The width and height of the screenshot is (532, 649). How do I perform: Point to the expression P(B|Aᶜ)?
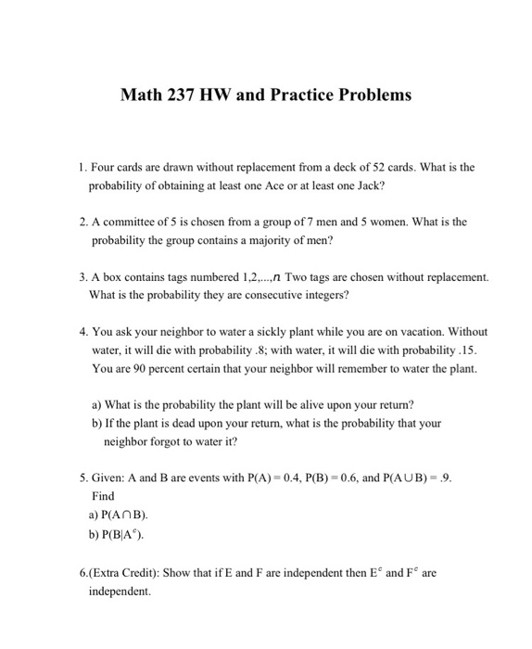coord(122,534)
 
